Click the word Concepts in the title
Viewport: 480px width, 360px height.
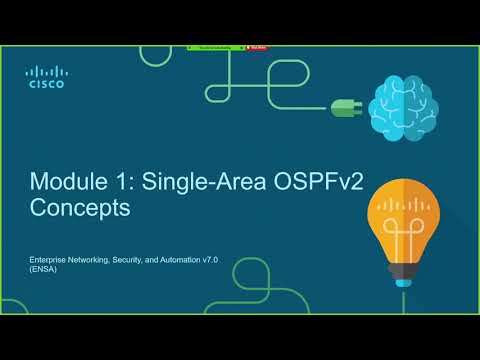pyautogui.click(x=80, y=210)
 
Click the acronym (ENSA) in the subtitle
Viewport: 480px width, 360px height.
pyautogui.click(x=41, y=269)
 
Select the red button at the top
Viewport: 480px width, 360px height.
pyautogui.click(x=256, y=46)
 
